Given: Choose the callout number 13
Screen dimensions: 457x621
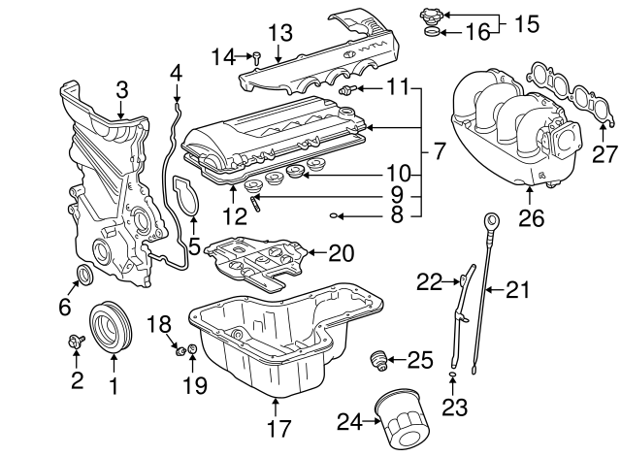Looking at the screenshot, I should click(279, 33).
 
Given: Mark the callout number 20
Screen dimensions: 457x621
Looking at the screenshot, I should click(342, 253).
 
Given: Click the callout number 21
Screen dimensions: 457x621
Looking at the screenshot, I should click(520, 288).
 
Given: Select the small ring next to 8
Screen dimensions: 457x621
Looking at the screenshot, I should click(334, 215).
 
